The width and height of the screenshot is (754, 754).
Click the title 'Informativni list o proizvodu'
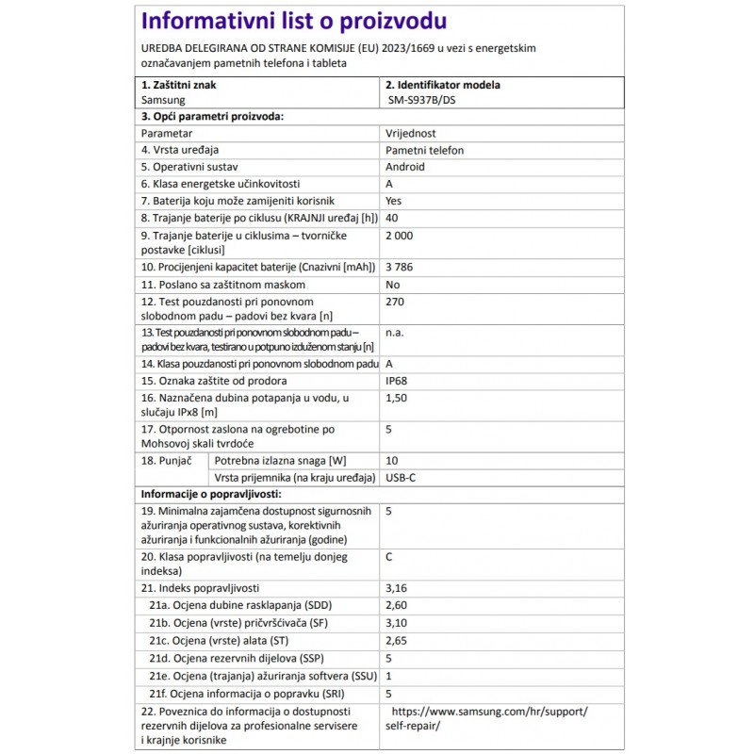pos(293,22)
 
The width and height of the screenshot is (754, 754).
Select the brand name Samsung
pos(163,99)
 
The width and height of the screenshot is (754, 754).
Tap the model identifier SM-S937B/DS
pos(427,99)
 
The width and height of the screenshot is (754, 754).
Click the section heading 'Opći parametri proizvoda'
pos(212,116)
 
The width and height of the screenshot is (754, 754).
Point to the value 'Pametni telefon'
pos(424,150)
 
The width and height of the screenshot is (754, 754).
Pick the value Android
pos(405,167)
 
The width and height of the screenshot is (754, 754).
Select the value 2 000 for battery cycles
pos(400,235)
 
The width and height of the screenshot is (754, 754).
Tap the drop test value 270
pos(396,303)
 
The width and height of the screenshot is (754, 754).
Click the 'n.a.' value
pos(397,333)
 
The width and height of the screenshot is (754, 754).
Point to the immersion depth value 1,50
pos(398,399)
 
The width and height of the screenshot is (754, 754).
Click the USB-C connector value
pos(401,478)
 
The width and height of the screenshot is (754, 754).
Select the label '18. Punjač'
pos(167,461)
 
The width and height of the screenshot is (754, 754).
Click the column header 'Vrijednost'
pos(411,134)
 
